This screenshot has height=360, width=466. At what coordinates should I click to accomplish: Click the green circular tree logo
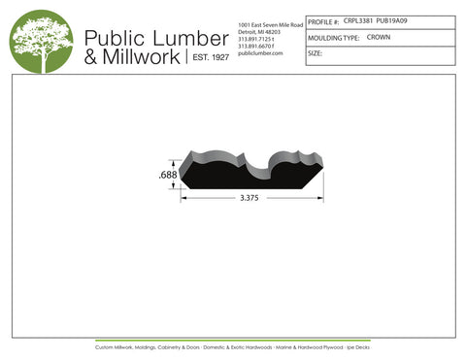[41, 42]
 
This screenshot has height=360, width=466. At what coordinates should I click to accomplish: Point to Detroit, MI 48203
[260, 31]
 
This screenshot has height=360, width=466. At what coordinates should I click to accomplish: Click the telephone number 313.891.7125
[256, 39]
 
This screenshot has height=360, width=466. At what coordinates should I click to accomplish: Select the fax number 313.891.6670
[256, 46]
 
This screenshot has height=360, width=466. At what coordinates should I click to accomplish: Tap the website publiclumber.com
[259, 53]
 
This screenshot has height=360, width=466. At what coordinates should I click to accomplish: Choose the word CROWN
[379, 37]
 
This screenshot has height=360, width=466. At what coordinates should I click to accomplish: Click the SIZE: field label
[315, 54]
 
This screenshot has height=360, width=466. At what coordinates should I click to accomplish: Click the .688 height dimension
[167, 175]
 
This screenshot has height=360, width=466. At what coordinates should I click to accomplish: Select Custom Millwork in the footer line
[117, 346]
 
